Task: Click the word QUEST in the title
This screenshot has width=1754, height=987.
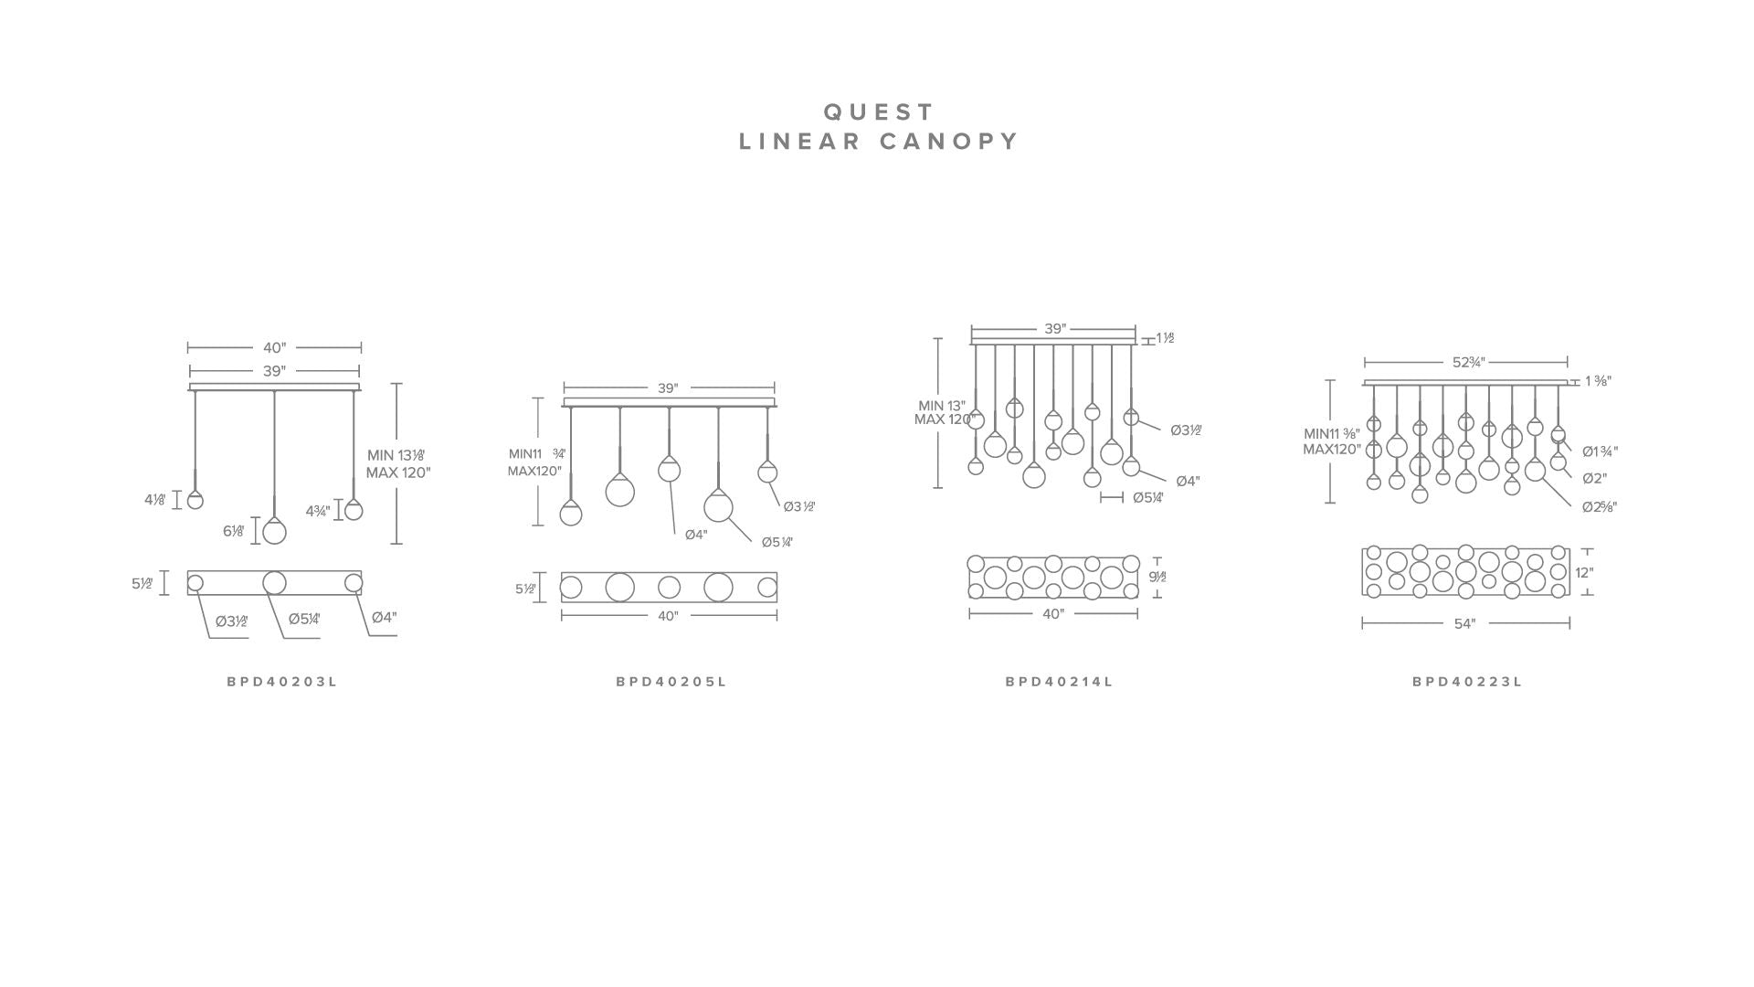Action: click(879, 112)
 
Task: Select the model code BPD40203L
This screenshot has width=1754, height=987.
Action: click(282, 682)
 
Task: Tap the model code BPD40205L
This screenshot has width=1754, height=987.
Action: click(671, 682)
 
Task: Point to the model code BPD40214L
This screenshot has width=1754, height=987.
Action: click(1060, 682)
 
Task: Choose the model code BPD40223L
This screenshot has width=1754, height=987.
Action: click(1467, 682)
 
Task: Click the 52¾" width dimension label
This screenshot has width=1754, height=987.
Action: click(1467, 363)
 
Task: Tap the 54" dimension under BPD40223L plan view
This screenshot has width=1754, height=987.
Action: click(1464, 624)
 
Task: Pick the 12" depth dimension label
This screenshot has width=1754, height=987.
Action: click(1584, 573)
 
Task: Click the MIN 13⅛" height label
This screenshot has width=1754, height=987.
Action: click(396, 455)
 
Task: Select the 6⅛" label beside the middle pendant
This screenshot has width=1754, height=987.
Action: click(234, 532)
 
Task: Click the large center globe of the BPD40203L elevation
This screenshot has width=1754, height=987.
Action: click(274, 532)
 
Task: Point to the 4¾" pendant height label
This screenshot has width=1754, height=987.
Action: click(317, 511)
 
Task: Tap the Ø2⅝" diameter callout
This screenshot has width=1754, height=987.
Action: click(1600, 507)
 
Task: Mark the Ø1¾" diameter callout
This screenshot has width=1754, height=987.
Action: click(1600, 451)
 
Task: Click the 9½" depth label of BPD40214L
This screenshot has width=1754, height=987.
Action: click(1157, 578)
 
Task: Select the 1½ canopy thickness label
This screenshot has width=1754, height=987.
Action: click(1165, 338)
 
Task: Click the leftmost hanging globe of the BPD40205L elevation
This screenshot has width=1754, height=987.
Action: click(571, 514)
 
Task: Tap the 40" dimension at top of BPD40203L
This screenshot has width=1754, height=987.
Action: click(274, 348)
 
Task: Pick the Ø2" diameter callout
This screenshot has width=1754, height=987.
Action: click(1594, 479)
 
